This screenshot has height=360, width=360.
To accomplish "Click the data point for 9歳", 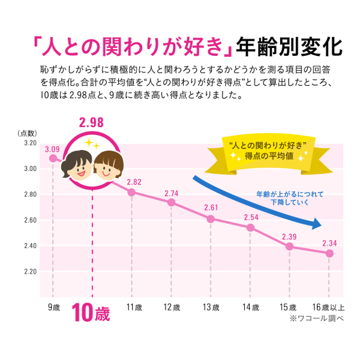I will point(53,158).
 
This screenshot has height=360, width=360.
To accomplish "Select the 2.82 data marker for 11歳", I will point(132,192).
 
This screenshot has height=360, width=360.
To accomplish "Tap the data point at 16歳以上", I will point(329,253).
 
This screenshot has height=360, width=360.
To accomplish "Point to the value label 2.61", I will point(211,208).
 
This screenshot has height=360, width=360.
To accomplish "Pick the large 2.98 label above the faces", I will point(91,123).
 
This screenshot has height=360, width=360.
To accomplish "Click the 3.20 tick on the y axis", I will point(30,143).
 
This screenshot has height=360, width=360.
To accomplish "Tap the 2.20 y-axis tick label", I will point(30,271).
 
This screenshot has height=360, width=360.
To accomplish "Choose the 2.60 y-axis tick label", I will point(30,220).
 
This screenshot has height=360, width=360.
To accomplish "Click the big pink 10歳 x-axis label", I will point(91,313).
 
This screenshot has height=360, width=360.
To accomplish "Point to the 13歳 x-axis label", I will point(211,308).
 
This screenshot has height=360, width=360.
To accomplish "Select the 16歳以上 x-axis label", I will point(328,308).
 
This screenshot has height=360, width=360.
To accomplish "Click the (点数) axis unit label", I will point(28,133).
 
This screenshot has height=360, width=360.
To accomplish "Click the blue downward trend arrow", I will point(258,201).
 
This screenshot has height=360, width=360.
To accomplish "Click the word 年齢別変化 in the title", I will point(289,46).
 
